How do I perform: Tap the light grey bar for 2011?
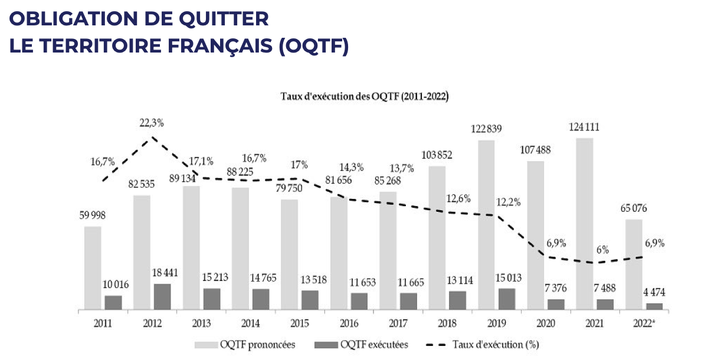coord(93,268)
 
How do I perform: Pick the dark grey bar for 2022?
coord(654,306)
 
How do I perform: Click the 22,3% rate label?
coord(152,123)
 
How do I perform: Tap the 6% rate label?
coord(602,249)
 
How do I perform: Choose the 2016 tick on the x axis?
coord(350,324)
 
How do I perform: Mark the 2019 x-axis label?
coord(499,324)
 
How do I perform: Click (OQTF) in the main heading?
coord(313,47)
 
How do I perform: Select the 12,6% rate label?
coord(459,198)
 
